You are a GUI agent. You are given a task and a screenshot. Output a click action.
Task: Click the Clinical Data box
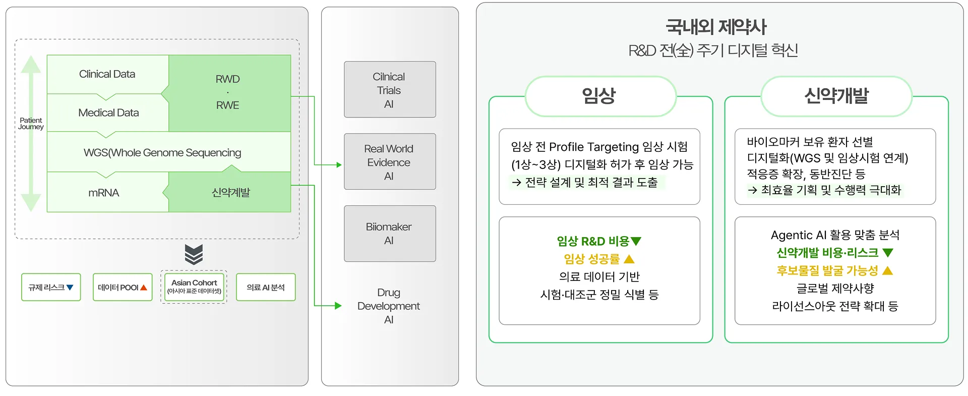pos(107,74)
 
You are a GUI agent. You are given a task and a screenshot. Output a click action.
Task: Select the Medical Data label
pos(108,113)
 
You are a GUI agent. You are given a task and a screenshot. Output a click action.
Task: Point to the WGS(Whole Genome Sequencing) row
pos(162,152)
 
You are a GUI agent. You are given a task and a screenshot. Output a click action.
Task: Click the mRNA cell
pos(104,193)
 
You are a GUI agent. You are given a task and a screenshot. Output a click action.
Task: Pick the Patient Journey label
pos(31,124)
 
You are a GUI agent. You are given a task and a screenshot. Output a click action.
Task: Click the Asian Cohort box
pos(194,287)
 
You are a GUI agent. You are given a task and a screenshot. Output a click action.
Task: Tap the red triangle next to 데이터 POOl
pos(144,288)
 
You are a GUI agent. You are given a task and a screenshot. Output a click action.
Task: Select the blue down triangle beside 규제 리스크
pos(70,288)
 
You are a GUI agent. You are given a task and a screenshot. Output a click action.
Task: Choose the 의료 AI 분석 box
pos(266,287)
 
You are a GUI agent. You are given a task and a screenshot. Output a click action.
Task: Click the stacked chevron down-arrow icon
pos(194,254)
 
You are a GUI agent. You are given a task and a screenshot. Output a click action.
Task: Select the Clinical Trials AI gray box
pos(389,90)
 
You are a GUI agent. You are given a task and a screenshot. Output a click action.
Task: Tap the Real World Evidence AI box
pos(389,162)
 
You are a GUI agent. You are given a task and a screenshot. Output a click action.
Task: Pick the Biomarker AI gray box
pos(389,234)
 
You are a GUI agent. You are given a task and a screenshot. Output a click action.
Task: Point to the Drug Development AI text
pos(388,306)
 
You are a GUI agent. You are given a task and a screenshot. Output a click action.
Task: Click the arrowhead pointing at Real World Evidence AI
pos(339,165)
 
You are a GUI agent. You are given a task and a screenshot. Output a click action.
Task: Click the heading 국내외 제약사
pos(716,27)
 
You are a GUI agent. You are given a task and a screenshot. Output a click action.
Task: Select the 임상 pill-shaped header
pos(600,96)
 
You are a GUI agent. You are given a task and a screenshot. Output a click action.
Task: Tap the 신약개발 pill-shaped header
pos(836,96)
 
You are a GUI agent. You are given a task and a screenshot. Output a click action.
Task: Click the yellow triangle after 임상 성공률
pos(629,259)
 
